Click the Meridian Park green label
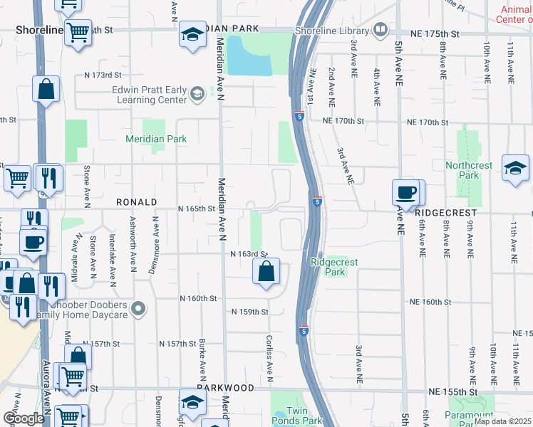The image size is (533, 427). point(156,139)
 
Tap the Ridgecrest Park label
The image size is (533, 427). point(333,267)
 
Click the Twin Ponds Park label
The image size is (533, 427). point(304,416)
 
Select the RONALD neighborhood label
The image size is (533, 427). point(136,202)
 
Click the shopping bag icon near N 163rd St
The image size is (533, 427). point(266,271)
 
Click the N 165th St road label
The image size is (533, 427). point(197,209)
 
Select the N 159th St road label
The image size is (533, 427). point(249,312)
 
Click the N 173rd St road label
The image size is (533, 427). point(99,75)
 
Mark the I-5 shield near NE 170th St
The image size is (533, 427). point(299,115)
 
